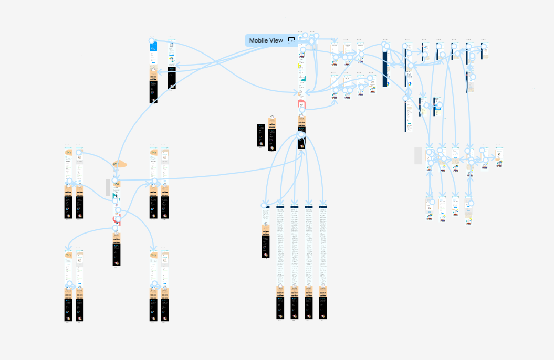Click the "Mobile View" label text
pyautogui.click(x=266, y=40)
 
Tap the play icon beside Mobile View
pyautogui.click(x=291, y=40)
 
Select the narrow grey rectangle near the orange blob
pyautogui.click(x=108, y=187)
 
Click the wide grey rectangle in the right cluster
pyautogui.click(x=419, y=155)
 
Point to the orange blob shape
pyautogui.click(x=119, y=164)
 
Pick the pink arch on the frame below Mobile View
pyautogui.click(x=301, y=103)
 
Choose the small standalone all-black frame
pyautogui.click(x=261, y=135)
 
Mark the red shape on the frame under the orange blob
pyautogui.click(x=117, y=221)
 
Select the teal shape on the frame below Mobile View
pyautogui.click(x=303, y=79)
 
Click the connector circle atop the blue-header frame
pyautogui.click(x=152, y=40)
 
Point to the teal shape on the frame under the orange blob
pyautogui.click(x=114, y=196)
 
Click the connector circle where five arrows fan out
pyautogui.click(x=301, y=135)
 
